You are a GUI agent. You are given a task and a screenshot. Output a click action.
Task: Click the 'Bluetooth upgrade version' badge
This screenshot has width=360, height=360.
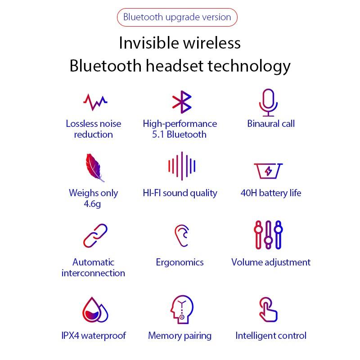pos(177,18)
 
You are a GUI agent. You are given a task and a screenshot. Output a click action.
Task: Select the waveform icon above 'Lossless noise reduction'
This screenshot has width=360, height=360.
pos(95,102)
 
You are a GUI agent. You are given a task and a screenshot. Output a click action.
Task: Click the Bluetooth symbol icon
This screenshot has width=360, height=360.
pos(182,102)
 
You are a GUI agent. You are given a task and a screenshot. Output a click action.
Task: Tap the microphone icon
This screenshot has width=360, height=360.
pos(269,102)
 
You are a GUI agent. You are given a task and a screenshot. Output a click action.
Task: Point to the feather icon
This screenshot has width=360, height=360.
pos(94,167)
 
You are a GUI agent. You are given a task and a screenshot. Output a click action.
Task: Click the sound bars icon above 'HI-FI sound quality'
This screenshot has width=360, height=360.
pos(182,166)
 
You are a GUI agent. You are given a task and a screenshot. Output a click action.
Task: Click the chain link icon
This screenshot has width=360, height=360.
pos(95,235)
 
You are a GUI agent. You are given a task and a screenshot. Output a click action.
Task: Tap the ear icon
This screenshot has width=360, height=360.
pos(181,235)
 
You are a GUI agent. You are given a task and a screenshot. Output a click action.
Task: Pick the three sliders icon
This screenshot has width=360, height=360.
pos(268,234)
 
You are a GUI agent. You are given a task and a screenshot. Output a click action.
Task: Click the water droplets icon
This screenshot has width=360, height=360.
pos(95,310)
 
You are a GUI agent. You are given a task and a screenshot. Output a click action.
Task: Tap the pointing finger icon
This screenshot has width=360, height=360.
pos(268,309)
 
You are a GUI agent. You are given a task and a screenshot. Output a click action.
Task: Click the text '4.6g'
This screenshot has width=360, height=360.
pos(93,204)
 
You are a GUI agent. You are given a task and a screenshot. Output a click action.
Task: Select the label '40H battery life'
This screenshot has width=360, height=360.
pos(271,193)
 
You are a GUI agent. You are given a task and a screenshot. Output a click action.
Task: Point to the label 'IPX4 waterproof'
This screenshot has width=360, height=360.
pos(94,336)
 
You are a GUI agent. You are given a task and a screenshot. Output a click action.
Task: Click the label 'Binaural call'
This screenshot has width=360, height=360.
pos(271,124)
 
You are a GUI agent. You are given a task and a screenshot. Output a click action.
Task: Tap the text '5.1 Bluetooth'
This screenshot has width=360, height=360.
pos(180,135)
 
